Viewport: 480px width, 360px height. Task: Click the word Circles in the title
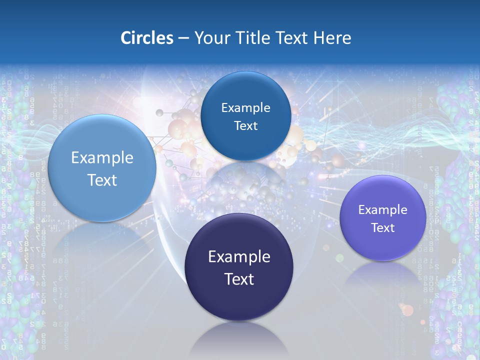click(x=146, y=38)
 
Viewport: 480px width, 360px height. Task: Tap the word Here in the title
click(x=332, y=38)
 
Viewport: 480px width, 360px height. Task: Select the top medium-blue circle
click(x=245, y=90)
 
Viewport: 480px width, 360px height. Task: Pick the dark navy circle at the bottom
click(x=238, y=300)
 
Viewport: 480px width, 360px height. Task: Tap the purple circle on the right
click(x=382, y=245)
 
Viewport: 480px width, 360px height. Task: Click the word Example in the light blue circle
click(x=102, y=158)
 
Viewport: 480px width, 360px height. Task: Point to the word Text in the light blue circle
click(x=102, y=180)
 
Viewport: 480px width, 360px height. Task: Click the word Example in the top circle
click(x=245, y=108)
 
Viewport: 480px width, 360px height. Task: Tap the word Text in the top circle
click(x=245, y=126)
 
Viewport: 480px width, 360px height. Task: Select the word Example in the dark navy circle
click(x=238, y=257)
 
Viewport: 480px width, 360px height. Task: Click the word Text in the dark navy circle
click(x=238, y=279)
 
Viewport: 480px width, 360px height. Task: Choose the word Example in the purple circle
click(x=382, y=210)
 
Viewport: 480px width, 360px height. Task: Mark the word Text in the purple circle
click(x=382, y=228)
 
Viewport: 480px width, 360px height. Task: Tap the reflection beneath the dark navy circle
click(x=238, y=340)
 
